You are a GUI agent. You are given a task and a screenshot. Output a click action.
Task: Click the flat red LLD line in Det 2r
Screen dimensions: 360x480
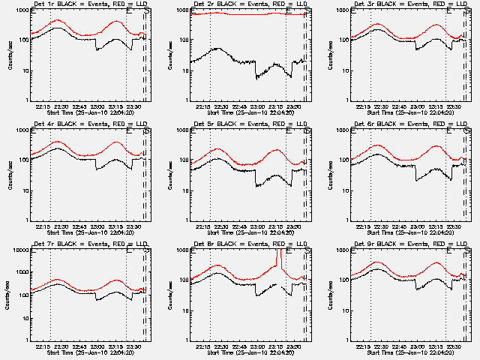click(x=240, y=13)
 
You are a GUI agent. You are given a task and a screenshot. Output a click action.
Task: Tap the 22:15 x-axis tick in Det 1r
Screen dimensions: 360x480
click(x=42, y=106)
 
